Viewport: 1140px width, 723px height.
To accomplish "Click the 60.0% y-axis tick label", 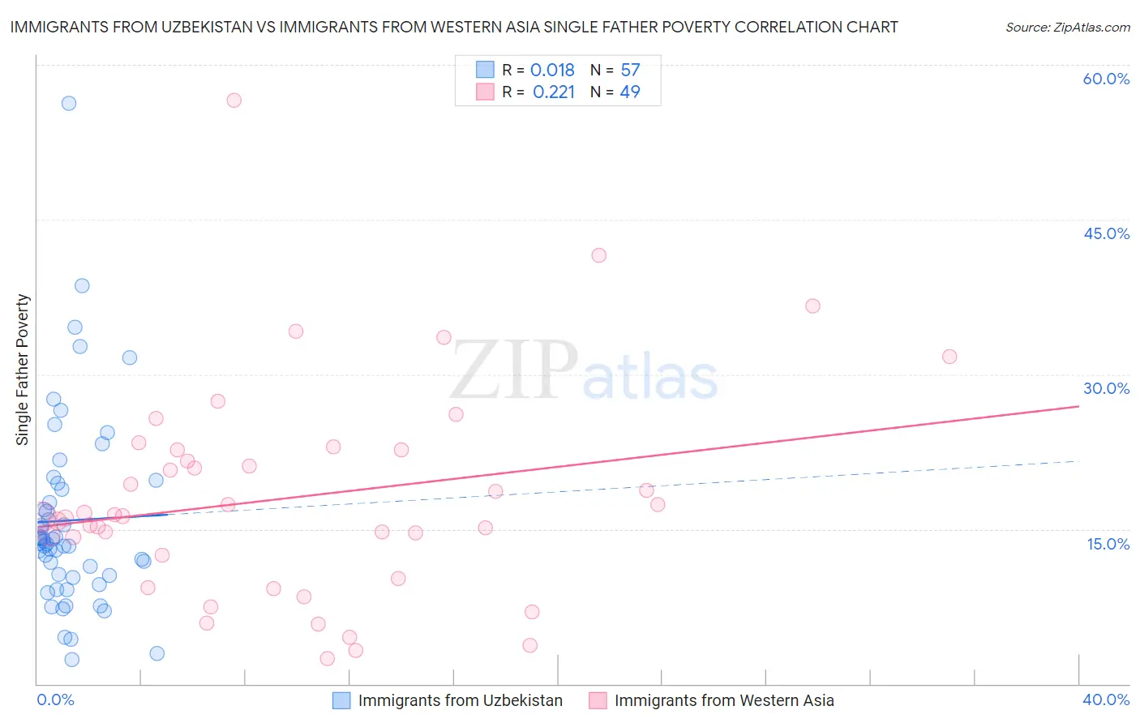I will tap(1106, 79).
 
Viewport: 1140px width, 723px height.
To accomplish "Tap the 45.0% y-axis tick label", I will tap(1106, 233).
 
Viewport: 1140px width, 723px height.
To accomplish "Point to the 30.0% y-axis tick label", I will tap(1106, 388).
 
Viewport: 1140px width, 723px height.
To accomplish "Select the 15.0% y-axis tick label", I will tap(1108, 543).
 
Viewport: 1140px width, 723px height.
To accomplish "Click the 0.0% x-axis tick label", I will tap(55, 699).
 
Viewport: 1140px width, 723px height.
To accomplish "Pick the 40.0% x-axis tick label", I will tap(1106, 699).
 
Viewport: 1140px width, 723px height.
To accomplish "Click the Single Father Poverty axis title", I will tap(23, 370).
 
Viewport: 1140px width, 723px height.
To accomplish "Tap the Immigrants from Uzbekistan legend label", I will tap(460, 700).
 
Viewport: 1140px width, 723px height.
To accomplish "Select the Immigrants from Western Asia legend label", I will tap(724, 700).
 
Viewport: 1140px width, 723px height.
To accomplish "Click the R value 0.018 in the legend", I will tap(552, 71).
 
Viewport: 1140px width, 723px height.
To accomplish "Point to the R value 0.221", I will tap(554, 92).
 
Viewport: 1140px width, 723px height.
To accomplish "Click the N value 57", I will tap(630, 71).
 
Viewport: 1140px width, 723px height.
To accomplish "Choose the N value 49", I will tap(630, 92).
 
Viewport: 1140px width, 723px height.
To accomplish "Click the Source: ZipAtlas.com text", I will tap(1067, 28).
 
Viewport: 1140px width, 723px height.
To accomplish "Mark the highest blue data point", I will tap(69, 103).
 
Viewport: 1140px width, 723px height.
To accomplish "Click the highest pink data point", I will tap(234, 101).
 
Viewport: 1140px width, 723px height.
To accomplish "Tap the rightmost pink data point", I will tap(949, 357).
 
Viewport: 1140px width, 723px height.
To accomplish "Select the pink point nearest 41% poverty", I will tap(598, 255).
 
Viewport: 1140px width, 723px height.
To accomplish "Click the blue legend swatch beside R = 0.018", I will tap(485, 70).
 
